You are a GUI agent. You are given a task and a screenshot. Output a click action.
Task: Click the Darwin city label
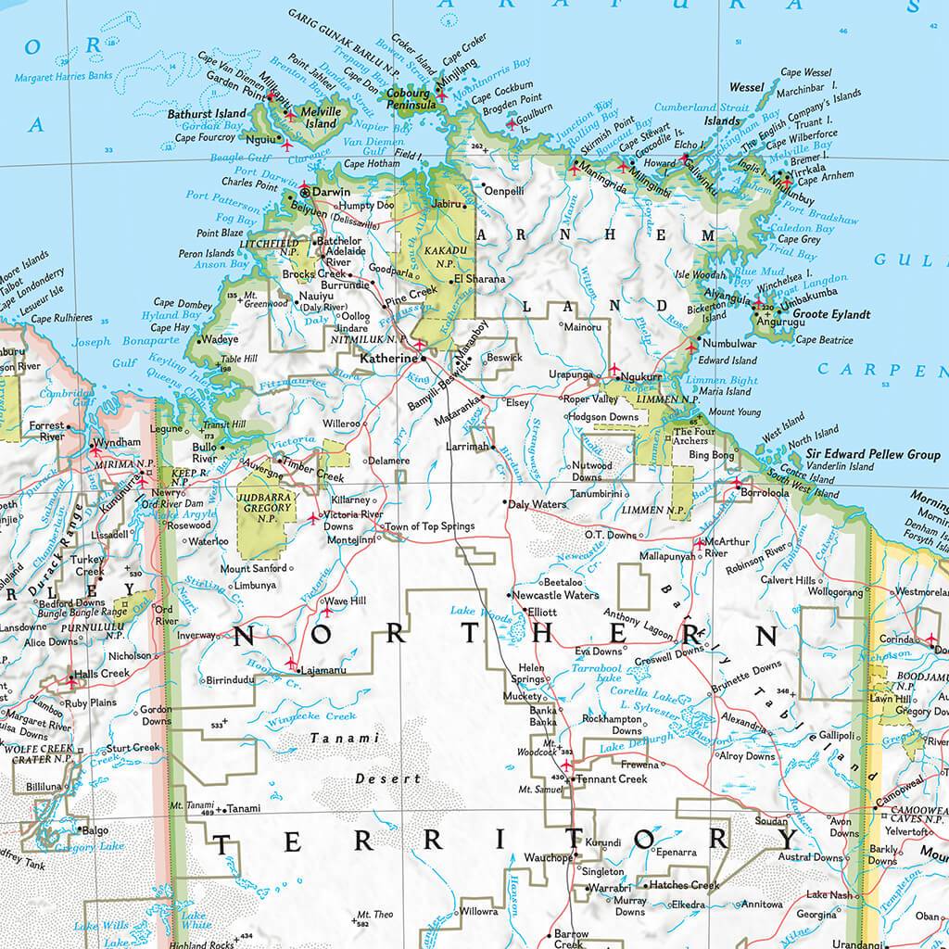(x=332, y=191)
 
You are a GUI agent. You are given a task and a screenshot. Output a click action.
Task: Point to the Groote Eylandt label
(x=833, y=314)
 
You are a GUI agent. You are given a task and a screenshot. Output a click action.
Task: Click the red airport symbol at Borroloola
(x=737, y=484)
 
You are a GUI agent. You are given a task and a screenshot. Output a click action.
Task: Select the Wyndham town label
(x=119, y=443)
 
